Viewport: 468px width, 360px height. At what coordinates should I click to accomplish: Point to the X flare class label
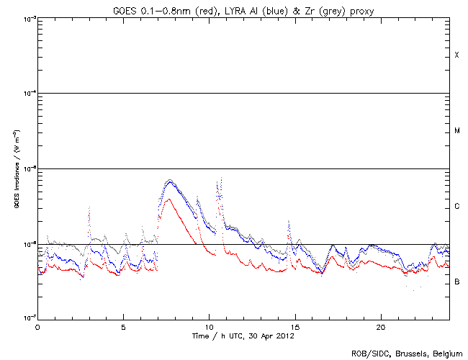[456, 55]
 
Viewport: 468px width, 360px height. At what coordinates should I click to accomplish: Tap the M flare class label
[456, 131]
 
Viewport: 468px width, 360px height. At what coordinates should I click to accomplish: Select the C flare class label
[456, 207]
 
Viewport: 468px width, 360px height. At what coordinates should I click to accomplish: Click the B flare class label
[456, 282]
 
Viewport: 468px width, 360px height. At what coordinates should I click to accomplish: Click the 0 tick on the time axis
[37, 327]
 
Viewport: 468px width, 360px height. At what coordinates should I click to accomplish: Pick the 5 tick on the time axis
[123, 327]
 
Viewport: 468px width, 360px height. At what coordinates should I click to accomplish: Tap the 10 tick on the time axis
[209, 327]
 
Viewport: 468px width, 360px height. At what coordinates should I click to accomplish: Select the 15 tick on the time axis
[294, 327]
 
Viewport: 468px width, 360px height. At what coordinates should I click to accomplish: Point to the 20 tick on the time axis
[380, 327]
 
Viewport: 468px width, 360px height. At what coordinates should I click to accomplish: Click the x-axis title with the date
[243, 336]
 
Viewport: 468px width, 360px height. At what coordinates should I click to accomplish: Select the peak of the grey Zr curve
[170, 179]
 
